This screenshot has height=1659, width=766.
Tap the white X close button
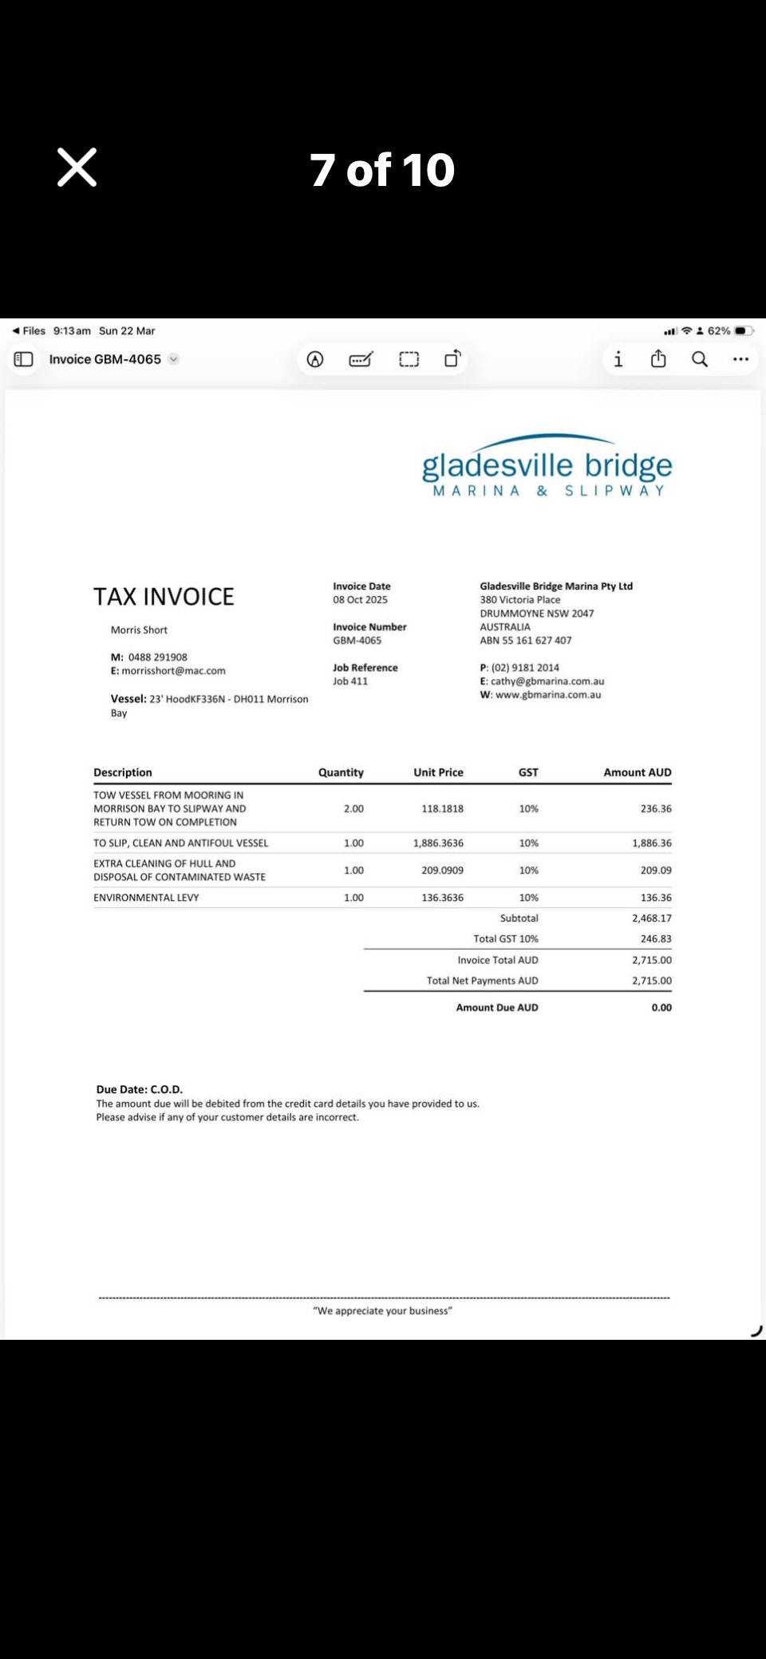77,168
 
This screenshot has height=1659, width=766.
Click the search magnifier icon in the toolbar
700,359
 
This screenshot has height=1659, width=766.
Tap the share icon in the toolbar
658,359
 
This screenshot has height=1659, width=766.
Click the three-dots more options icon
740,359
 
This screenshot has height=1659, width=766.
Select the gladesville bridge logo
547,468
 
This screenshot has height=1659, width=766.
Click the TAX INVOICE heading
164,597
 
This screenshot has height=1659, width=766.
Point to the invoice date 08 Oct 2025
360,600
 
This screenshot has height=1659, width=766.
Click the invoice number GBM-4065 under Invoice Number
357,641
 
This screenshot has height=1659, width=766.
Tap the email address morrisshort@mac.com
173,671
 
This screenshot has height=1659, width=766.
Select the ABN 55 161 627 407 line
525,641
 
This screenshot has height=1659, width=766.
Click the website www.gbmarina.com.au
547,695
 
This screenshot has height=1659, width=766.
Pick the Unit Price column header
438,772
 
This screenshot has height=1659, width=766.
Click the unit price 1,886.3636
438,843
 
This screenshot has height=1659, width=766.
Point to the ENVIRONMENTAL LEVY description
146,898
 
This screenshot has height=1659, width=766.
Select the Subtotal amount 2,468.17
651,918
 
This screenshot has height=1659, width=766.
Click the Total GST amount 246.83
655,939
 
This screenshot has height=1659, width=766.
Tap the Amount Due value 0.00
661,1008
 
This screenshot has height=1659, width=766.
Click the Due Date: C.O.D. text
140,1089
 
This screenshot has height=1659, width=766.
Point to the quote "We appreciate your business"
382,1311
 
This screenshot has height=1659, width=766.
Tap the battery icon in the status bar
743,330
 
